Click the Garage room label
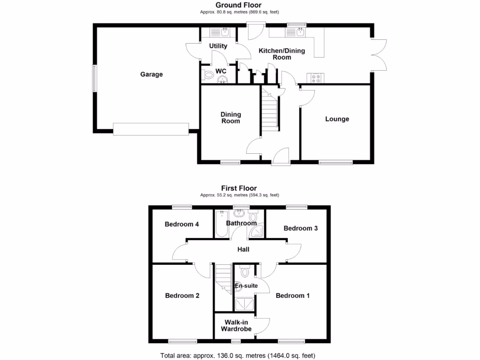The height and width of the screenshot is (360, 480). coord(151,74)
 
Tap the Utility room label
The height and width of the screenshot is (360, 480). coord(218,46)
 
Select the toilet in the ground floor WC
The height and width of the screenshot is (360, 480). coord(207,74)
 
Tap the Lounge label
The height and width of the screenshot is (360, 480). coord(337,119)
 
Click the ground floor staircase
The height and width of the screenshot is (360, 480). coord(270,111)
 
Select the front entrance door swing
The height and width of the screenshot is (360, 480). coord(282,155)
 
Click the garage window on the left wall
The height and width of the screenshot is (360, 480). coord(94,78)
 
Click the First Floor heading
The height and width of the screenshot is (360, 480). coord(240,188)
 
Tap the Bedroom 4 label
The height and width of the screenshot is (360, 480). coord(182,224)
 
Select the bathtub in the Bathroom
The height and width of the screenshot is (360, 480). coord(221,224)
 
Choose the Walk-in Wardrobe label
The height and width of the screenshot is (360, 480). coord(238,325)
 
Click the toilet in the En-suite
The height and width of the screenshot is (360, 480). coord(245,272)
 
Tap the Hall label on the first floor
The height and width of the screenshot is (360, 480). coord(243,249)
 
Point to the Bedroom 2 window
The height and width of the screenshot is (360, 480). coord(183,341)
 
